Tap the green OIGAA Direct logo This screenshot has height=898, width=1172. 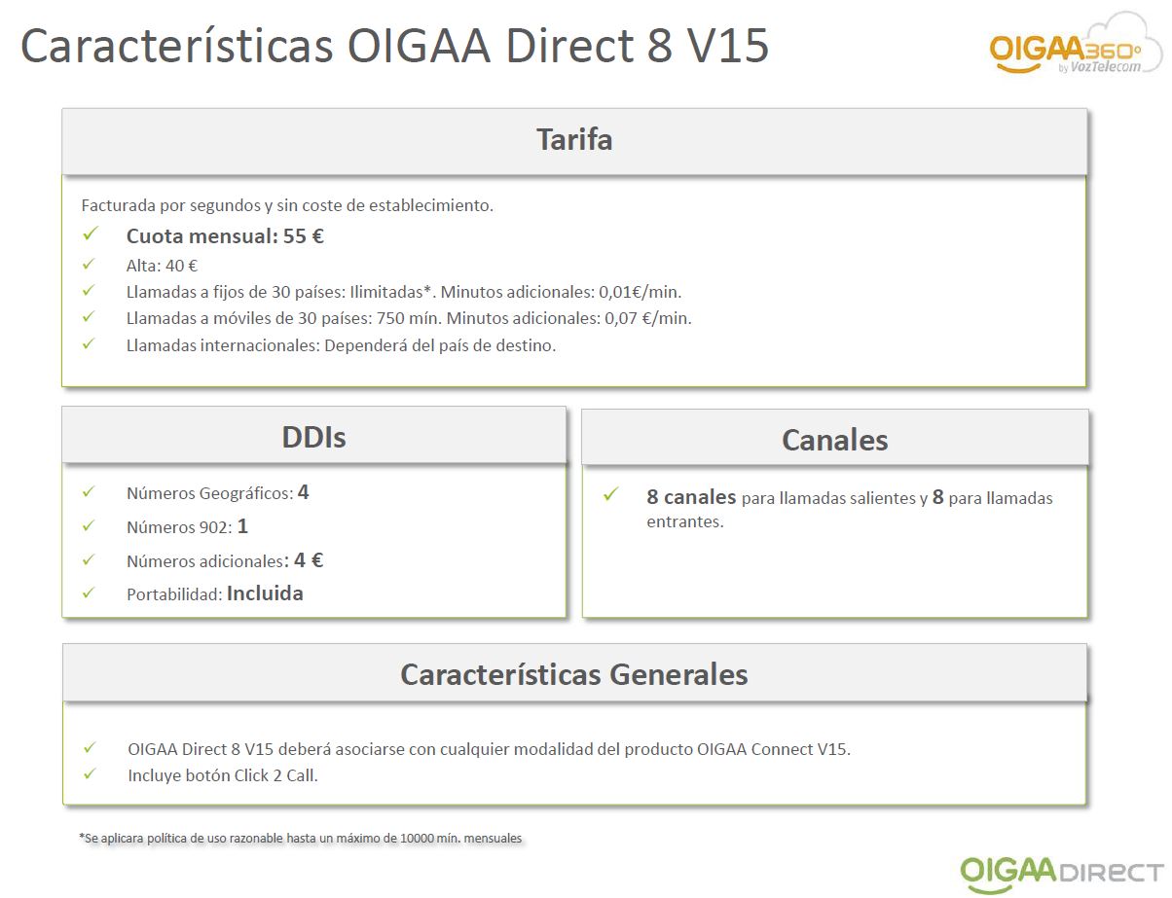tap(1061, 874)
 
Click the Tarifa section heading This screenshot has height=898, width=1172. tap(574, 139)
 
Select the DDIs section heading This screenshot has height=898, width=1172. tap(313, 437)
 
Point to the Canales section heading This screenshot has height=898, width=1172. tap(834, 440)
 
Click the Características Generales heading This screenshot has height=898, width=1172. tap(574, 674)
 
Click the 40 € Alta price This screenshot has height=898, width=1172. tap(181, 266)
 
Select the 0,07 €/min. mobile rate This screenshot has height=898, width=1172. tap(647, 318)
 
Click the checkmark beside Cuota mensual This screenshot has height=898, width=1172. tap(91, 233)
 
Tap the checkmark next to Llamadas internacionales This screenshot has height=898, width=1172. tap(89, 343)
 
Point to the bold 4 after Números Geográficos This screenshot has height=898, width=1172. tap(303, 492)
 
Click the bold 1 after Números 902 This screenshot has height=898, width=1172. tap(242, 526)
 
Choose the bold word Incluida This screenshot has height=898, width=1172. tap(265, 593)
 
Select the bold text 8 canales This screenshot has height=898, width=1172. tap(691, 497)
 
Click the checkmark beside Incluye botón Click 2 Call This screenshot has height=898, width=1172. tap(91, 773)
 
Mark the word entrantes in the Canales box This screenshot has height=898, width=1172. tap(685, 521)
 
